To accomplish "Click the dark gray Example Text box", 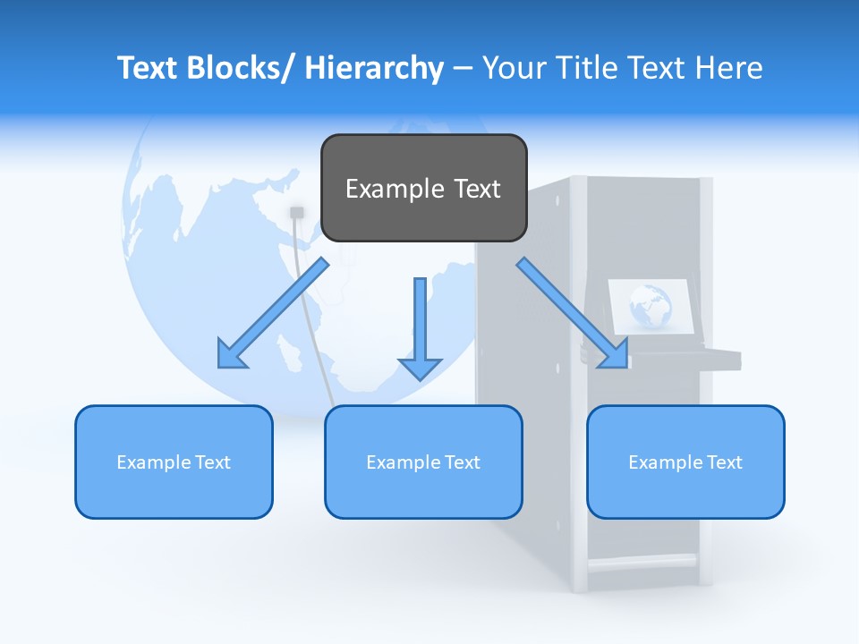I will [x=423, y=188].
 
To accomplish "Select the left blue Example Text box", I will [x=174, y=462].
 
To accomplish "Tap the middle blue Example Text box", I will [x=423, y=462].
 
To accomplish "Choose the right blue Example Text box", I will [x=685, y=462].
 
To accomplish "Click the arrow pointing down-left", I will [x=273, y=313].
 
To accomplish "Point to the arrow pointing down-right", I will [x=573, y=313].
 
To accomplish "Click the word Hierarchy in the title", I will [x=374, y=68].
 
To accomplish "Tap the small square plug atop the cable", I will [x=297, y=212].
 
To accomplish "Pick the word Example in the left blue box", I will [x=149, y=462].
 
